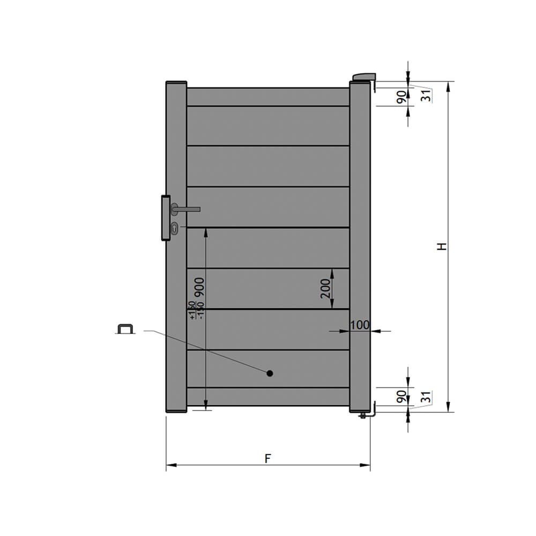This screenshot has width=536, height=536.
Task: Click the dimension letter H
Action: pyautogui.click(x=441, y=247)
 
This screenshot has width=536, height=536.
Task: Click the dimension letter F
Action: pyautogui.click(x=268, y=458)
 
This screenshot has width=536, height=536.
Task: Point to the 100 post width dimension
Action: pyautogui.click(x=360, y=325)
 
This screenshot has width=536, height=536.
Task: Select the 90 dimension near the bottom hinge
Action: pyautogui.click(x=401, y=397)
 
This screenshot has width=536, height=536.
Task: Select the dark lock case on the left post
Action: pyautogui.click(x=165, y=218)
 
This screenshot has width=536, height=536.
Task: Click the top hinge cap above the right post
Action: pyautogui.click(x=364, y=77)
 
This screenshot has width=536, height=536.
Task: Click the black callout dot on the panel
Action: pyautogui.click(x=270, y=373)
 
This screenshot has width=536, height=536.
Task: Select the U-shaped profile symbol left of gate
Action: pyautogui.click(x=125, y=329)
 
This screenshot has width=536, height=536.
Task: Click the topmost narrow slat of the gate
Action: pyautogui.click(x=268, y=97)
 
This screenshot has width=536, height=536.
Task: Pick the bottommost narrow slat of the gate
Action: pyautogui.click(x=268, y=396)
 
